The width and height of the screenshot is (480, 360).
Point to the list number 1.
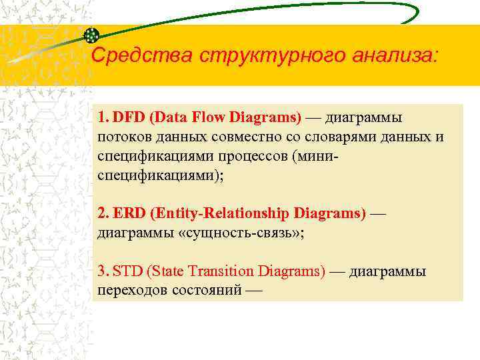pos(103,118)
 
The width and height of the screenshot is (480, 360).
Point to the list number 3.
pos(103,271)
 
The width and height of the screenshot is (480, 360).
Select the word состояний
pos(207,291)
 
